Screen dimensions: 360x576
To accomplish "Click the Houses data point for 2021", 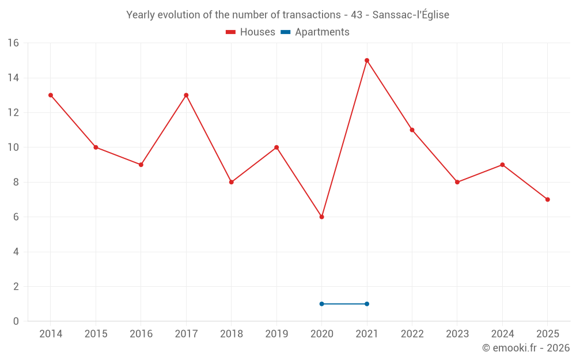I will click(367, 60).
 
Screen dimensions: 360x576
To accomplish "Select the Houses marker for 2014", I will click(51, 95).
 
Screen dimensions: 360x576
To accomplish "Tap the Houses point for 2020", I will click(321, 217).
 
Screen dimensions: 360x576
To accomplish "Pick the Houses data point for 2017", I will click(186, 95).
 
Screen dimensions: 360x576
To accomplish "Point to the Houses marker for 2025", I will click(548, 199).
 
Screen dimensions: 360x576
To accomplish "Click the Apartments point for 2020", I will click(321, 304).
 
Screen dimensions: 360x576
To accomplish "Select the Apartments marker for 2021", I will click(367, 304).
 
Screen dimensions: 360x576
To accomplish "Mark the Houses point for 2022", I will click(412, 130).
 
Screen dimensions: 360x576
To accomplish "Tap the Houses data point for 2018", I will click(232, 182).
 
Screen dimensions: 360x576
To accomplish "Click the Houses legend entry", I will click(251, 32).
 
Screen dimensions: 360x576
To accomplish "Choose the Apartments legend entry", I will click(315, 32).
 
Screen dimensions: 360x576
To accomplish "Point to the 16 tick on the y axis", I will click(13, 43).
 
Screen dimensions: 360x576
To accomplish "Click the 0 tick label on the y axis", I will click(16, 321).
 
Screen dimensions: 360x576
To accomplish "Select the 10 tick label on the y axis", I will click(13, 147).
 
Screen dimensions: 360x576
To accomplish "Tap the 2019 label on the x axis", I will click(276, 334).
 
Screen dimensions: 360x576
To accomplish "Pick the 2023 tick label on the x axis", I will click(457, 334).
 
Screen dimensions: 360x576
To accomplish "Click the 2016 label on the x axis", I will click(141, 334).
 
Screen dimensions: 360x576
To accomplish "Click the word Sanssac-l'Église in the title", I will click(411, 15).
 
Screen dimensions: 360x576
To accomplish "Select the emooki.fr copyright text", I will click(526, 348).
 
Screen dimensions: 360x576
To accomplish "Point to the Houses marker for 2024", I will click(502, 165).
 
